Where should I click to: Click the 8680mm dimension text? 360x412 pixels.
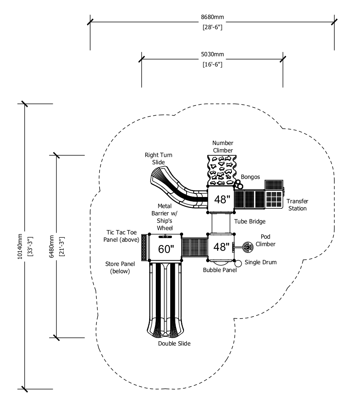click(212, 17)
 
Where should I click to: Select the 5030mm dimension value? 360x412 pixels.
click(212, 54)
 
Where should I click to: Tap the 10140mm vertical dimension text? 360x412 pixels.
click(20, 246)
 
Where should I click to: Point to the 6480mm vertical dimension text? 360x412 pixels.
click(52, 246)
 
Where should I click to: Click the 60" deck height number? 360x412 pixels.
click(166, 249)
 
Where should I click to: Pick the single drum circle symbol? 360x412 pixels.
click(238, 263)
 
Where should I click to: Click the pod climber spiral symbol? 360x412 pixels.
click(248, 247)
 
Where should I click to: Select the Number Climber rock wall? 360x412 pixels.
click(222, 170)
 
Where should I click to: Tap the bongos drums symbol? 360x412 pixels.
click(239, 184)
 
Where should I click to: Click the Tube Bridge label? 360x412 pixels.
click(250, 222)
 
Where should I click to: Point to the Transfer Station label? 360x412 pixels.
click(297, 205)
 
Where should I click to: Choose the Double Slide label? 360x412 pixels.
click(174, 344)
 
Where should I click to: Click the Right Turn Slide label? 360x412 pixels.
click(159, 158)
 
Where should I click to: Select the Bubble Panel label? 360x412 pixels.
click(220, 270)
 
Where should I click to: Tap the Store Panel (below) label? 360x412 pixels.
click(120, 267)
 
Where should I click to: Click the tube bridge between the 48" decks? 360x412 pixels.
click(221, 223)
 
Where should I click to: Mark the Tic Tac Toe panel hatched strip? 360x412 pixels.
click(144, 247)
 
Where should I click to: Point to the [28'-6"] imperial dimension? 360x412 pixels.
click(212, 27)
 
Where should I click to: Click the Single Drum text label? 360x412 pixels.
click(260, 262)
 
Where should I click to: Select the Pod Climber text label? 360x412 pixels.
click(265, 240)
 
